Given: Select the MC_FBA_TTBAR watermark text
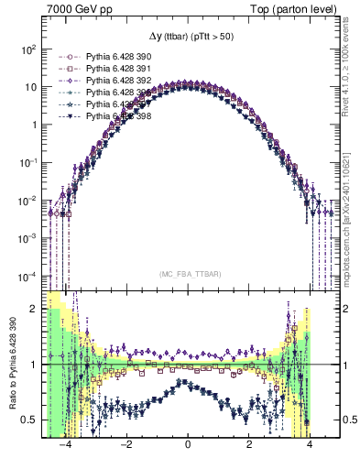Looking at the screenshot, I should click(x=187, y=274).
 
